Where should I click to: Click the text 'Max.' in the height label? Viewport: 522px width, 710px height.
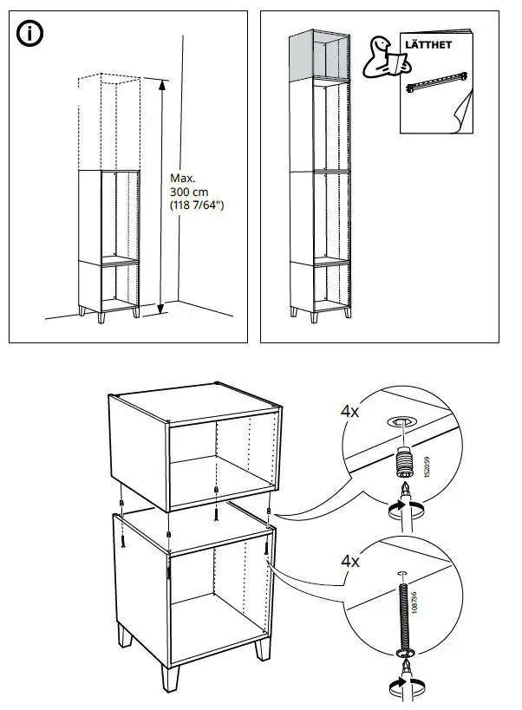coord(181,178)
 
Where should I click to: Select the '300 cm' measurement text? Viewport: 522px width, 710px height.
coord(188,192)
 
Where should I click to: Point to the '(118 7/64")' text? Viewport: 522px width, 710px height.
coord(198,205)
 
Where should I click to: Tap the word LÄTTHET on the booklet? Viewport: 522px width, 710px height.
coord(429,44)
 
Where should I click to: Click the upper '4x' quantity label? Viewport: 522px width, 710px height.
coord(351,413)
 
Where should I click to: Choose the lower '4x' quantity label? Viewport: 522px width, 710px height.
coord(351,562)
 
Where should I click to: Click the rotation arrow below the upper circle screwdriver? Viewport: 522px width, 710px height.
coord(404,509)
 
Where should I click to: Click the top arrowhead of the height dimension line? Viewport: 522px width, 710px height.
coord(160,82)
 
